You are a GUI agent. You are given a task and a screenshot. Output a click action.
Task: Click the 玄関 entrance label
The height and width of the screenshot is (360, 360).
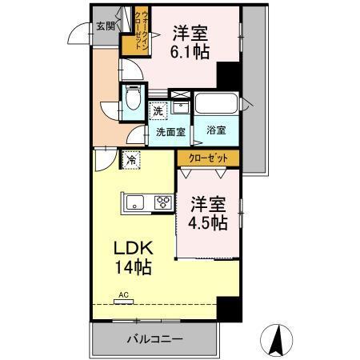click(x=105, y=26)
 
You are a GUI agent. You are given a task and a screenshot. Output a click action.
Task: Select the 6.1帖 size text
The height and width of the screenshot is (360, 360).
click(x=191, y=51)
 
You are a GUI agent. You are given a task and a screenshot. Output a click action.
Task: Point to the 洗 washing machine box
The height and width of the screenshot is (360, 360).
click(x=159, y=110)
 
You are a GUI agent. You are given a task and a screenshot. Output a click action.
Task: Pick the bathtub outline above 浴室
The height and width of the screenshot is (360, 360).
click(x=217, y=106)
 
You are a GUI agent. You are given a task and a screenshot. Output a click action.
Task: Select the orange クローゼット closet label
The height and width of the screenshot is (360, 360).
click(x=207, y=158)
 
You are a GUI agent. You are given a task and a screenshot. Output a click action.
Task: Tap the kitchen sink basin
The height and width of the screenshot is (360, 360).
click(x=134, y=202)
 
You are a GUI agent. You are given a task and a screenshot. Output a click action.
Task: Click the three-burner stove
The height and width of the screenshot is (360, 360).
click(x=163, y=202)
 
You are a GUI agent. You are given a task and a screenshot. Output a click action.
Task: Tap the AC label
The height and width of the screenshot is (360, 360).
click(x=124, y=295)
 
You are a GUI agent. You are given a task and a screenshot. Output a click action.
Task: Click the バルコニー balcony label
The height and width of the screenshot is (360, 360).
click(x=154, y=338)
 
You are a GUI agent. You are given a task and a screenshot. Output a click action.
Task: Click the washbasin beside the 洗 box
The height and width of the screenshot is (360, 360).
click(x=182, y=106)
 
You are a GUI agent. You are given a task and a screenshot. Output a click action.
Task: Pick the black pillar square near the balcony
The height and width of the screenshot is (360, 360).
click(x=229, y=309)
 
